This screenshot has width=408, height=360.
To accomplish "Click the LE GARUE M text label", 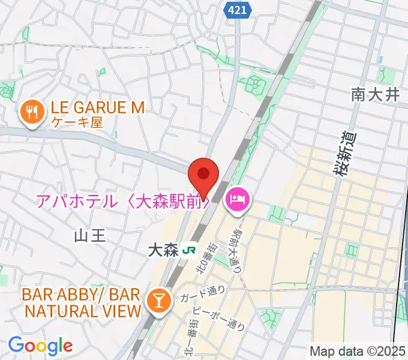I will point(98,108).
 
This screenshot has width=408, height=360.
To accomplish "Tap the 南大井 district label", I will point(375,94).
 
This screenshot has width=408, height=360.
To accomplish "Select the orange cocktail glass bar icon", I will point(159,301).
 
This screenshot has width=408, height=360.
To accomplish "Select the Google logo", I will point(40,346).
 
